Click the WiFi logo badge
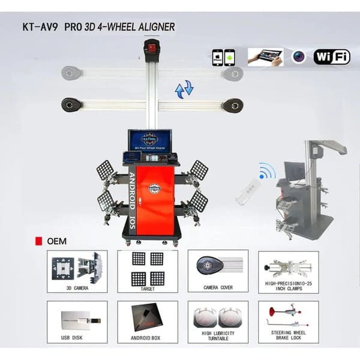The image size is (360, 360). coord(332,58)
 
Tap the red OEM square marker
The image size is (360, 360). coord(40,241)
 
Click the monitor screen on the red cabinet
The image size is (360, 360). coord(149,141)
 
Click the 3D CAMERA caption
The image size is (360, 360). coord(77,288)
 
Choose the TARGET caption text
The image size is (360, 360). coord(147,288)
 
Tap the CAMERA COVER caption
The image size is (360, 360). coord(218,288)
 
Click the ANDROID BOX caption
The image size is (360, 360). coord(147,338)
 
